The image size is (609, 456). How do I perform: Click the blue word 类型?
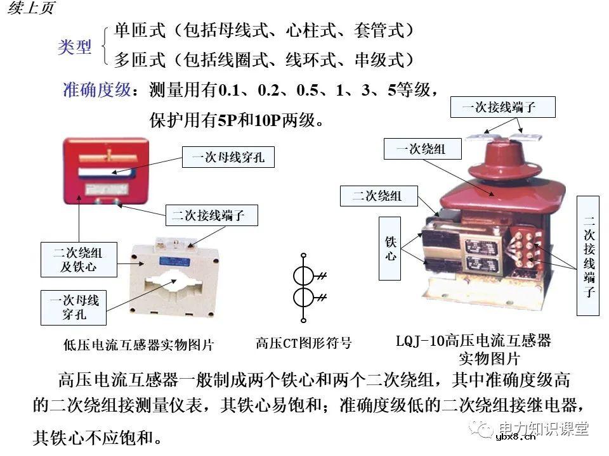(x=75, y=47)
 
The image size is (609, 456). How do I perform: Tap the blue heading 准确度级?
(x=96, y=89)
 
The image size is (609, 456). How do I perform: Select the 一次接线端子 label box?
(x=502, y=107)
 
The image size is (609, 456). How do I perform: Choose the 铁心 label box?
(x=390, y=248)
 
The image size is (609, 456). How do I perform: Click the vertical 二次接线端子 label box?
(x=588, y=256)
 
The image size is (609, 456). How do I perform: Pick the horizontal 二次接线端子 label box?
(x=213, y=215)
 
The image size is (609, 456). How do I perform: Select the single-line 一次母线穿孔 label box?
(x=228, y=157)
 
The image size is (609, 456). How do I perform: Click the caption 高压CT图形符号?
(x=303, y=343)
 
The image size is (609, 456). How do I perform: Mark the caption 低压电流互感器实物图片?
(x=139, y=345)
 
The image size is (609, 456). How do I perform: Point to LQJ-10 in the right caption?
(x=419, y=341)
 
